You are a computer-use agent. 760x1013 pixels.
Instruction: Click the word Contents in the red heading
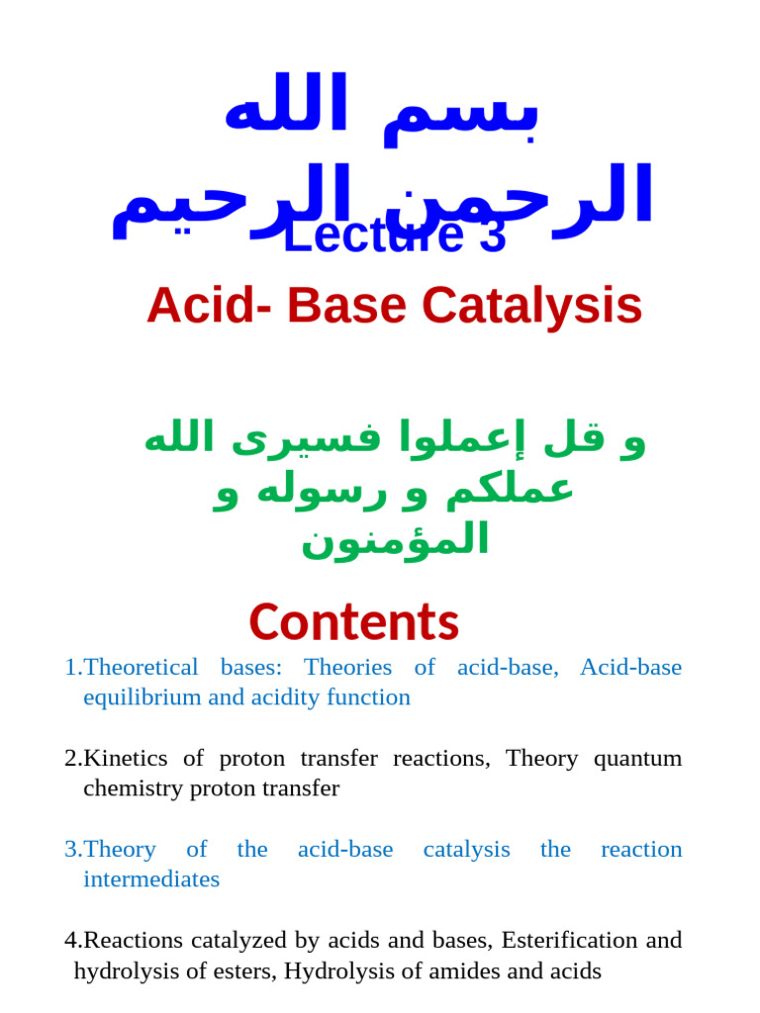(x=354, y=622)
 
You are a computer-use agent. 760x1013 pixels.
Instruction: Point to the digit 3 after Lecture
(x=492, y=236)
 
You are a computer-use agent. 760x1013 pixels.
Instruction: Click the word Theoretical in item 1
(x=142, y=668)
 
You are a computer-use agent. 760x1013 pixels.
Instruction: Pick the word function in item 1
(x=370, y=697)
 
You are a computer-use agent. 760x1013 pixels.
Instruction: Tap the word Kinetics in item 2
(x=124, y=759)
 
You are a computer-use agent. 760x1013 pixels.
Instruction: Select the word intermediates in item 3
(x=151, y=879)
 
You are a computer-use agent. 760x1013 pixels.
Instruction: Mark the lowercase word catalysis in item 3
(x=466, y=850)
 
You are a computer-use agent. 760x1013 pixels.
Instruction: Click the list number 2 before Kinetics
(x=71, y=759)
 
